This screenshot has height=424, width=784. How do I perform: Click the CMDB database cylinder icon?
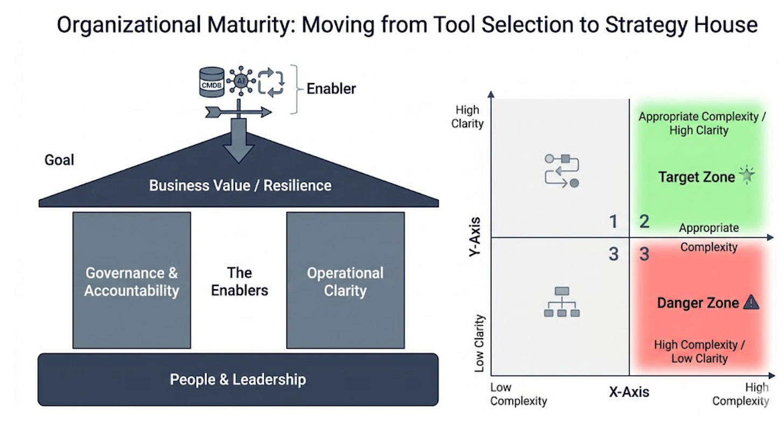pyautogui.click(x=212, y=82)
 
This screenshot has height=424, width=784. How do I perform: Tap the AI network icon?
pyautogui.click(x=241, y=81)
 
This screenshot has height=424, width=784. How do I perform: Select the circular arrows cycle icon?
pyautogui.click(x=271, y=82)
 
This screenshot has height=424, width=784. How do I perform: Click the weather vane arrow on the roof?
pyautogui.click(x=239, y=112)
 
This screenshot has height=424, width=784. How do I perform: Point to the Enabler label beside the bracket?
pyautogui.click(x=331, y=88)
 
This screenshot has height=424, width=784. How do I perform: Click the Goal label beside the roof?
pyautogui.click(x=59, y=160)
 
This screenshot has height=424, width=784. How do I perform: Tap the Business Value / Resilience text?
pyautogui.click(x=240, y=185)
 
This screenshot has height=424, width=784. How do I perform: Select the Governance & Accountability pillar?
pyautogui.click(x=131, y=280)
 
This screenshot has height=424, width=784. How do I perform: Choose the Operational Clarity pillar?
pyautogui.click(x=346, y=280)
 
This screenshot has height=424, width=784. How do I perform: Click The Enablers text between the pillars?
pyautogui.click(x=240, y=282)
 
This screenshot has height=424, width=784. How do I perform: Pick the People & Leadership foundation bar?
pyautogui.click(x=238, y=379)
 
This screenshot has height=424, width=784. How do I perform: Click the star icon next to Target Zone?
pyautogui.click(x=747, y=175)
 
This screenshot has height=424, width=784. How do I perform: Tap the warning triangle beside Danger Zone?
pyautogui.click(x=751, y=302)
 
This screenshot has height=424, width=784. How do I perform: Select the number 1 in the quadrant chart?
pyautogui.click(x=613, y=221)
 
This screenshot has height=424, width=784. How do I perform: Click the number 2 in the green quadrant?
pyautogui.click(x=645, y=221)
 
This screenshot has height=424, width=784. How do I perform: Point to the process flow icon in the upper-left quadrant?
pyautogui.click(x=562, y=171)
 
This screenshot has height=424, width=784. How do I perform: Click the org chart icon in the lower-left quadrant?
pyautogui.click(x=562, y=302)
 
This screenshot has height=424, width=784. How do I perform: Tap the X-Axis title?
pyautogui.click(x=629, y=392)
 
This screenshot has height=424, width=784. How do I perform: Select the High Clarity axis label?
pyautogui.click(x=467, y=116)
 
